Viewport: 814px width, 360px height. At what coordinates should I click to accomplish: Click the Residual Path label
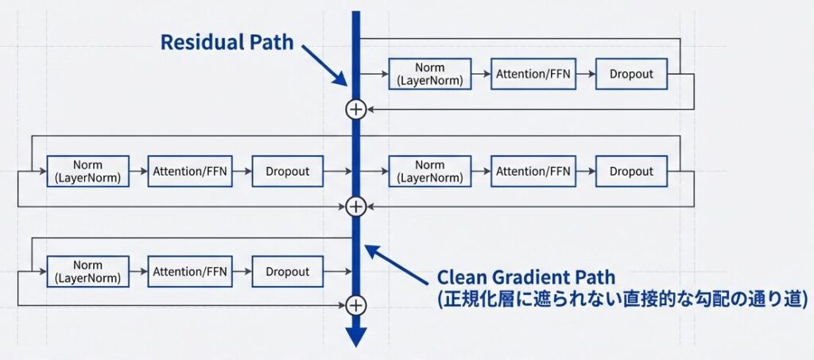(227, 42)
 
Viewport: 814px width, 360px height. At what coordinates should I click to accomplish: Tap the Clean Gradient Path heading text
(526, 277)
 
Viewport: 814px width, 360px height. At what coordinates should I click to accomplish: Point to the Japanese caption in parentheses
(622, 299)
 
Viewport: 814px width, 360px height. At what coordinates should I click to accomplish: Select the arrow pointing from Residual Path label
(324, 65)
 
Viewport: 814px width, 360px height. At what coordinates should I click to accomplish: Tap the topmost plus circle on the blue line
(356, 109)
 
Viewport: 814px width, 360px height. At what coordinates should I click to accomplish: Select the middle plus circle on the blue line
(356, 207)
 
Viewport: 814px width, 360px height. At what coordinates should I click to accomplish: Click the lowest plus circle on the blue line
(356, 304)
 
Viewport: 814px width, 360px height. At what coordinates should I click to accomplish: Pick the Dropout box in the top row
(631, 74)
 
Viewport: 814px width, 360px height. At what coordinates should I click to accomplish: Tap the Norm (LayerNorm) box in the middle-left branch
(87, 172)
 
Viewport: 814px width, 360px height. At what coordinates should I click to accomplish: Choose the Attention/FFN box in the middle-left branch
(189, 172)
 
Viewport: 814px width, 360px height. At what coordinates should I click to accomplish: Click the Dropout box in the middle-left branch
(288, 172)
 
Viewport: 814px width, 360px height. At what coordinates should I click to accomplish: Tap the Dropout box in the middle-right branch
(631, 172)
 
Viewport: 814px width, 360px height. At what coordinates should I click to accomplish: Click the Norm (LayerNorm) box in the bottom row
(87, 272)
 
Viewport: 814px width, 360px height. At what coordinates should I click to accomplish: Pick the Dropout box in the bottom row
(288, 272)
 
